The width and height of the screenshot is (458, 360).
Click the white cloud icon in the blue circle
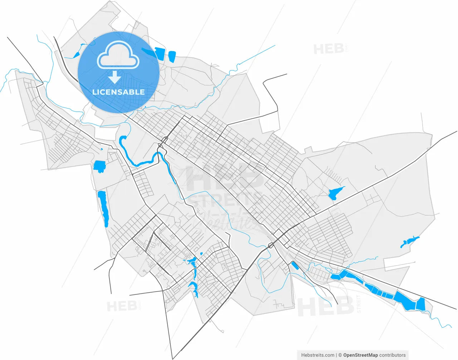tap(118, 56)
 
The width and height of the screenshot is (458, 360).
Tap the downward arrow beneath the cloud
tap(114, 77)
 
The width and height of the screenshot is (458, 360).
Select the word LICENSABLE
tap(118, 92)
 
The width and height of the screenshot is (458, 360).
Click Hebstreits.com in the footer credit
tap(318, 355)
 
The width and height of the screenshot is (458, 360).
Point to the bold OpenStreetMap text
tap(360, 355)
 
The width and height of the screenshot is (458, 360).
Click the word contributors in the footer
tap(393, 355)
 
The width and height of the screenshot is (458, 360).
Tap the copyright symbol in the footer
tap(340, 355)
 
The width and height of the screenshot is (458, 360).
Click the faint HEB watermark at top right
tap(329, 49)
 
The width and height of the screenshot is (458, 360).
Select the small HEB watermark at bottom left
tap(122, 306)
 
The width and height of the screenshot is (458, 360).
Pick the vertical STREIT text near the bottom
tap(359, 304)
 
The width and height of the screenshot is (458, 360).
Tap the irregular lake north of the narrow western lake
tap(99, 166)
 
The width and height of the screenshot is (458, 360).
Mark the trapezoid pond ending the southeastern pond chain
tap(420, 304)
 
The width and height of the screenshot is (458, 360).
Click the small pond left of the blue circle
tap(77, 55)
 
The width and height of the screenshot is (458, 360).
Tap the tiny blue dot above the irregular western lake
tap(102, 149)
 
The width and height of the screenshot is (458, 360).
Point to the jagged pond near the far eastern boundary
tap(409, 242)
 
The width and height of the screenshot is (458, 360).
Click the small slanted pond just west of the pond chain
tap(295, 266)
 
